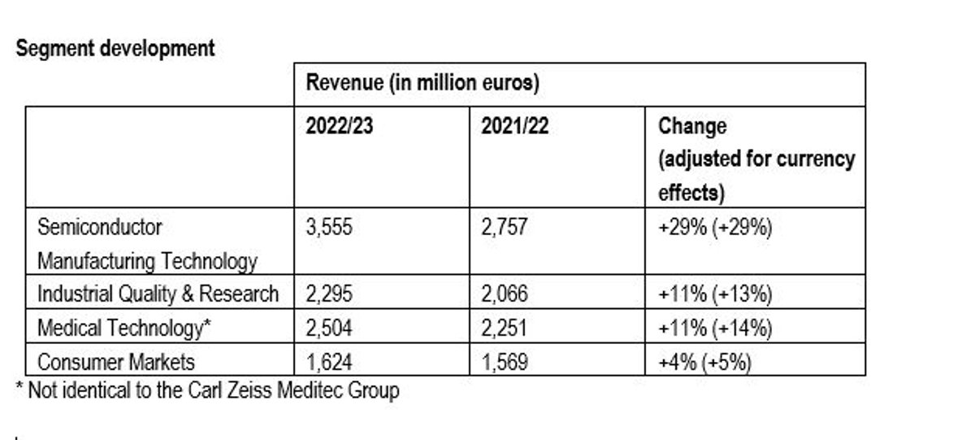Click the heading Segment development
(115, 49)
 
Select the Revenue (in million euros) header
(423, 84)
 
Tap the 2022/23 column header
(339, 127)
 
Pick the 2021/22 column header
(514, 127)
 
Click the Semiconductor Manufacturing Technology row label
(147, 243)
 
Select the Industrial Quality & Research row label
(158, 294)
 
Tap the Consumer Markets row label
(116, 360)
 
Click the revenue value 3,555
(328, 227)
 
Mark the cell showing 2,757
(504, 227)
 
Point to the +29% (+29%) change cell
(714, 227)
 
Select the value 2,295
(328, 294)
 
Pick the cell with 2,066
(504, 294)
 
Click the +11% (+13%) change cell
(714, 294)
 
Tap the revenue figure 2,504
(328, 327)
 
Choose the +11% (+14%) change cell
(714, 327)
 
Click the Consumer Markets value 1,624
(328, 360)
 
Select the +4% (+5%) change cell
(704, 360)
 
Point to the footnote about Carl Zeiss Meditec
(207, 390)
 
